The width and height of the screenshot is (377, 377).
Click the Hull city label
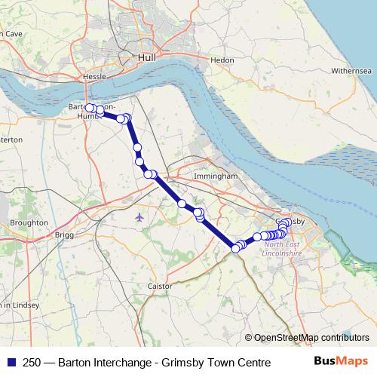[146, 57]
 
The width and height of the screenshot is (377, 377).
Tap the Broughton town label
[29, 223]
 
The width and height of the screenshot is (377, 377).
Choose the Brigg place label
[65, 234]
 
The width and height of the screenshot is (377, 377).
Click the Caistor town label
[160, 287]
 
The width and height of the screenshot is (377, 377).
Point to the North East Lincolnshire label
[283, 249]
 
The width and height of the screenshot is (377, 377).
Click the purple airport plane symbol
[139, 217]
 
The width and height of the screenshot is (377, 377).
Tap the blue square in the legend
[11, 363]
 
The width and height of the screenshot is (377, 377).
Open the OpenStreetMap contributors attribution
[311, 337]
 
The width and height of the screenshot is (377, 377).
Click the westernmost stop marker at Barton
[89, 108]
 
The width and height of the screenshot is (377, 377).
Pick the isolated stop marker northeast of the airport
[182, 204]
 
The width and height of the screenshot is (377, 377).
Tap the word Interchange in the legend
[118, 363]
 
